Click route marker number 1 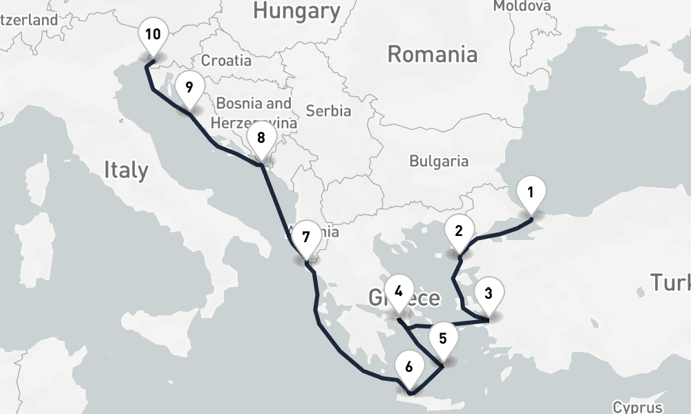[x=530, y=193]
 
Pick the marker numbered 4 [x=399, y=292]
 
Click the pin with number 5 [x=443, y=339]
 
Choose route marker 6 [x=409, y=367]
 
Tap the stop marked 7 [x=306, y=237]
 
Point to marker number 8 [x=261, y=138]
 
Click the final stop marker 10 [x=153, y=34]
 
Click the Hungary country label [x=296, y=10]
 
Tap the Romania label [x=432, y=54]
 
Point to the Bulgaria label [x=439, y=161]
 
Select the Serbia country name [x=328, y=110]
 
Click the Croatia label [x=226, y=61]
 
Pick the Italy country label [x=126, y=170]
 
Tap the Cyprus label [x=638, y=407]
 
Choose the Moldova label [x=522, y=6]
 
